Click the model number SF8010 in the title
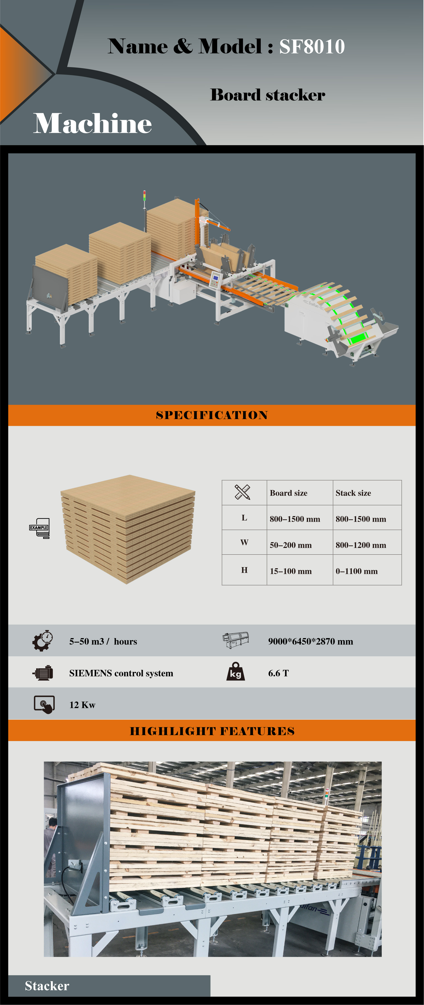pos(312,47)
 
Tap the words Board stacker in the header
pos(268,95)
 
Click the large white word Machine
pos(93,123)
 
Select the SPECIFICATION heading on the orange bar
pos(212,415)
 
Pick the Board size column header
pos(288,493)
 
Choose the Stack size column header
pos(353,493)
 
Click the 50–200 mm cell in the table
pos(291,545)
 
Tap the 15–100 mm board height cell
pos(291,571)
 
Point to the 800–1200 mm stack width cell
pos(361,545)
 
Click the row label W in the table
pos(244,542)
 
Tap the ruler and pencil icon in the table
pos(242,492)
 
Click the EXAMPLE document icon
pos(39,528)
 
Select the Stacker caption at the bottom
pos(47,986)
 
